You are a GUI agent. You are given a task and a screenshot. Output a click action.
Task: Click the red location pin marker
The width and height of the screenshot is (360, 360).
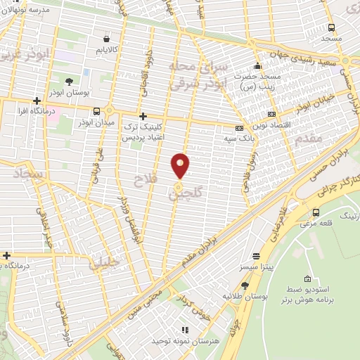click(181, 166)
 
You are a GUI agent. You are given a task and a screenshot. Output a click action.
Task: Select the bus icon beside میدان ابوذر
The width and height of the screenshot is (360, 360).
click(96, 111)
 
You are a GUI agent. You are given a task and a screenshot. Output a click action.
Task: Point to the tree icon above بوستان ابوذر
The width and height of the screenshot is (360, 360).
click(69, 82)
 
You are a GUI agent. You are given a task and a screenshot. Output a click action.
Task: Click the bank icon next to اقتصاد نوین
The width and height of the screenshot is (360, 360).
click(271, 115)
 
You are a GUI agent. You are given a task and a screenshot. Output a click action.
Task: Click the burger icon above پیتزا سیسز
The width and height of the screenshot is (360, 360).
click(256, 257)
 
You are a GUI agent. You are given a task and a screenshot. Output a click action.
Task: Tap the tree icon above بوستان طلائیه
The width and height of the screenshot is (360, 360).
click(245, 285)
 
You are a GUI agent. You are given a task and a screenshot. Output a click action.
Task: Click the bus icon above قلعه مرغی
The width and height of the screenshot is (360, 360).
click(315, 212)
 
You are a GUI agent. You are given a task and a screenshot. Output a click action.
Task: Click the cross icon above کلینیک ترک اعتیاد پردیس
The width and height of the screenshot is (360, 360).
click(143, 116)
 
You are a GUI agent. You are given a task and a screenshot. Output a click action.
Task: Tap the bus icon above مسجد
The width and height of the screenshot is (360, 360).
click(331, 27)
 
